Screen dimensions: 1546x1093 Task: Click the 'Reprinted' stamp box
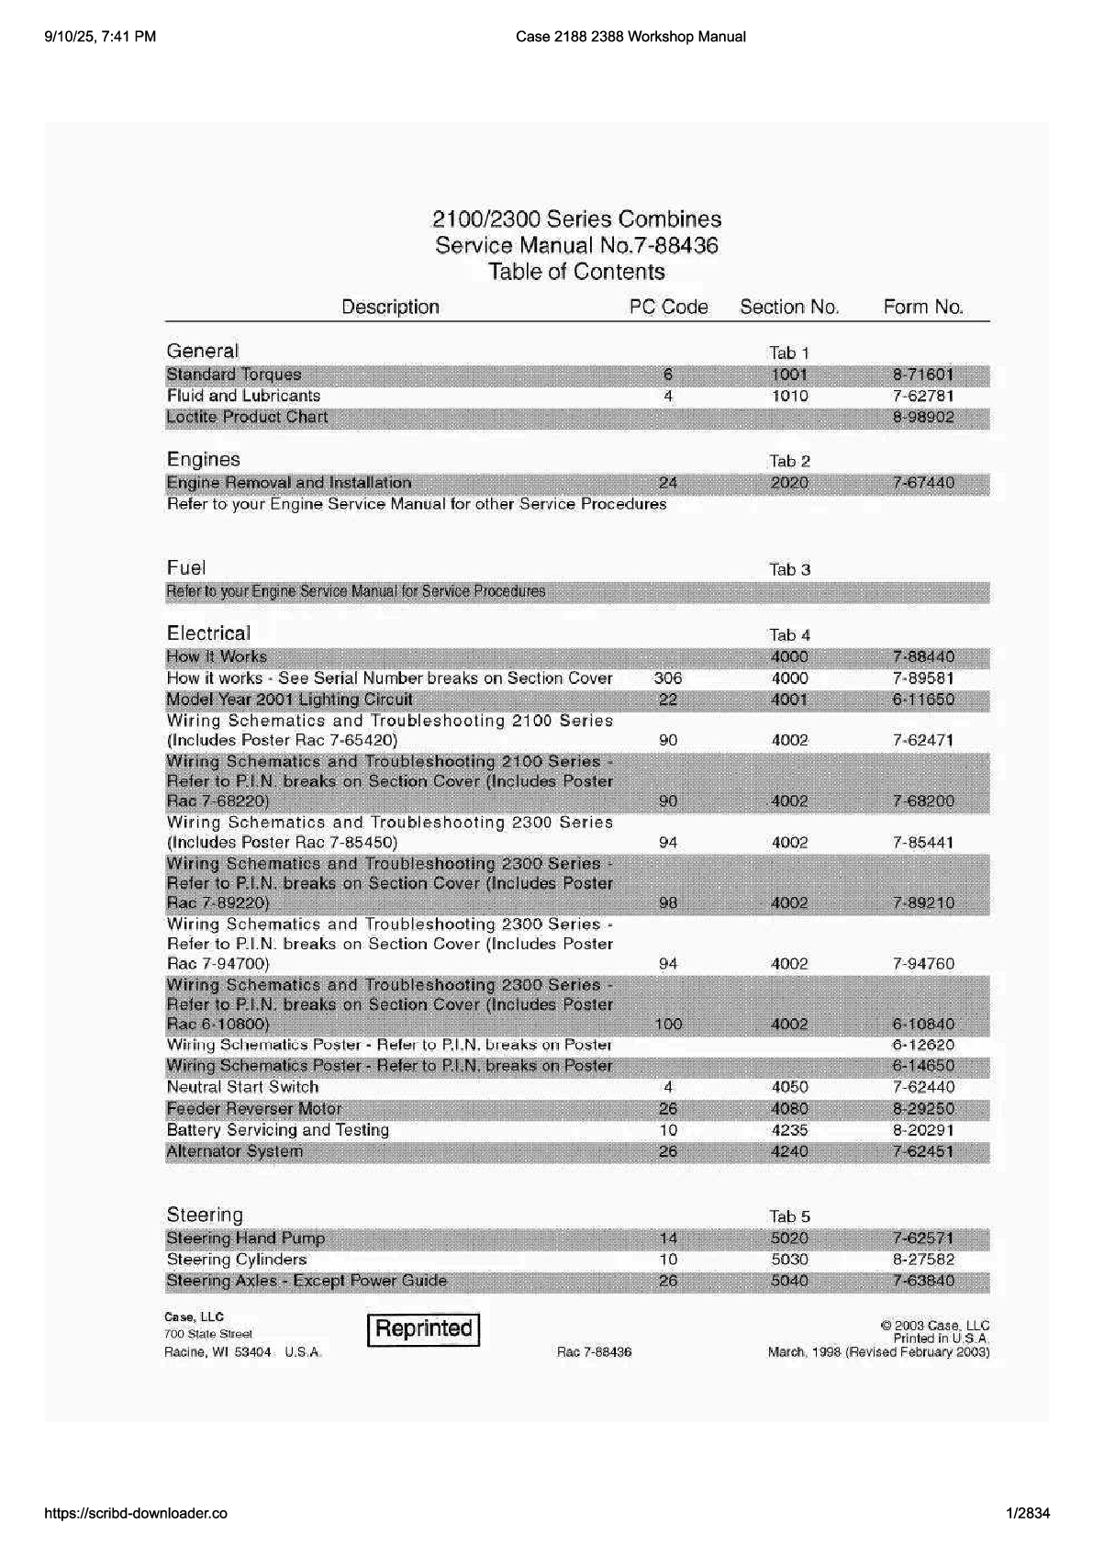(423, 1328)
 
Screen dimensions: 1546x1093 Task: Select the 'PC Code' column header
(668, 307)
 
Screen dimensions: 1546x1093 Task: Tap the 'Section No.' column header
(789, 307)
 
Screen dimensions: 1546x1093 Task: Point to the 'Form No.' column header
(923, 307)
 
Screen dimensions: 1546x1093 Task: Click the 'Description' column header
(390, 307)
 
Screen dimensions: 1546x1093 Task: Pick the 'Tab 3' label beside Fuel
(789, 569)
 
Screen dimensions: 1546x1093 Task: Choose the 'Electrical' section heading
(208, 633)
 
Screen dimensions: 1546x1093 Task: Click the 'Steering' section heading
(205, 1215)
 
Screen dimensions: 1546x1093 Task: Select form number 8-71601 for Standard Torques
(923, 375)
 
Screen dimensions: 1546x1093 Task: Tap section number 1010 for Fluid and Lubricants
(789, 396)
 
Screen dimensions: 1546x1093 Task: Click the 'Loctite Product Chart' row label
(247, 417)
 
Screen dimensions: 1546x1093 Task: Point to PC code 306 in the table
(668, 678)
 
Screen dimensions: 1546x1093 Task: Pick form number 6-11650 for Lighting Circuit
(923, 700)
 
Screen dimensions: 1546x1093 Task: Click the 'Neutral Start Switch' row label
(242, 1087)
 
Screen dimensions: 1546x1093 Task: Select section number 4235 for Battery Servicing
(789, 1130)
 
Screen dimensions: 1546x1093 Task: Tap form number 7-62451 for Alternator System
(923, 1151)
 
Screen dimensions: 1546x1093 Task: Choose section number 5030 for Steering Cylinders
(789, 1260)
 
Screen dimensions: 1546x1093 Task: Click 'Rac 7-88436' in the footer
(594, 1352)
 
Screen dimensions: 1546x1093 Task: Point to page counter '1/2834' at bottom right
(1028, 1514)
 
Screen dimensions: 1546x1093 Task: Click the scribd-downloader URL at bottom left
(136, 1514)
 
